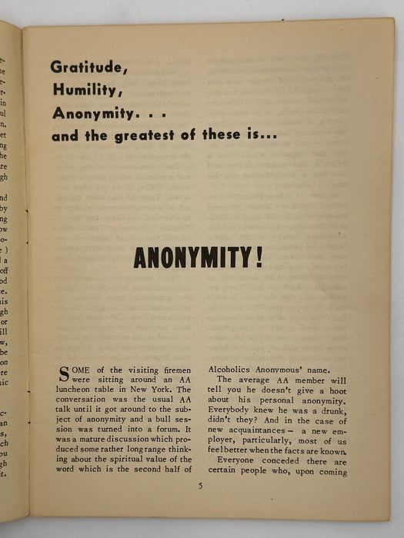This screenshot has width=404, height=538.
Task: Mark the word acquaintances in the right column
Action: pyautogui.click(x=260, y=432)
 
